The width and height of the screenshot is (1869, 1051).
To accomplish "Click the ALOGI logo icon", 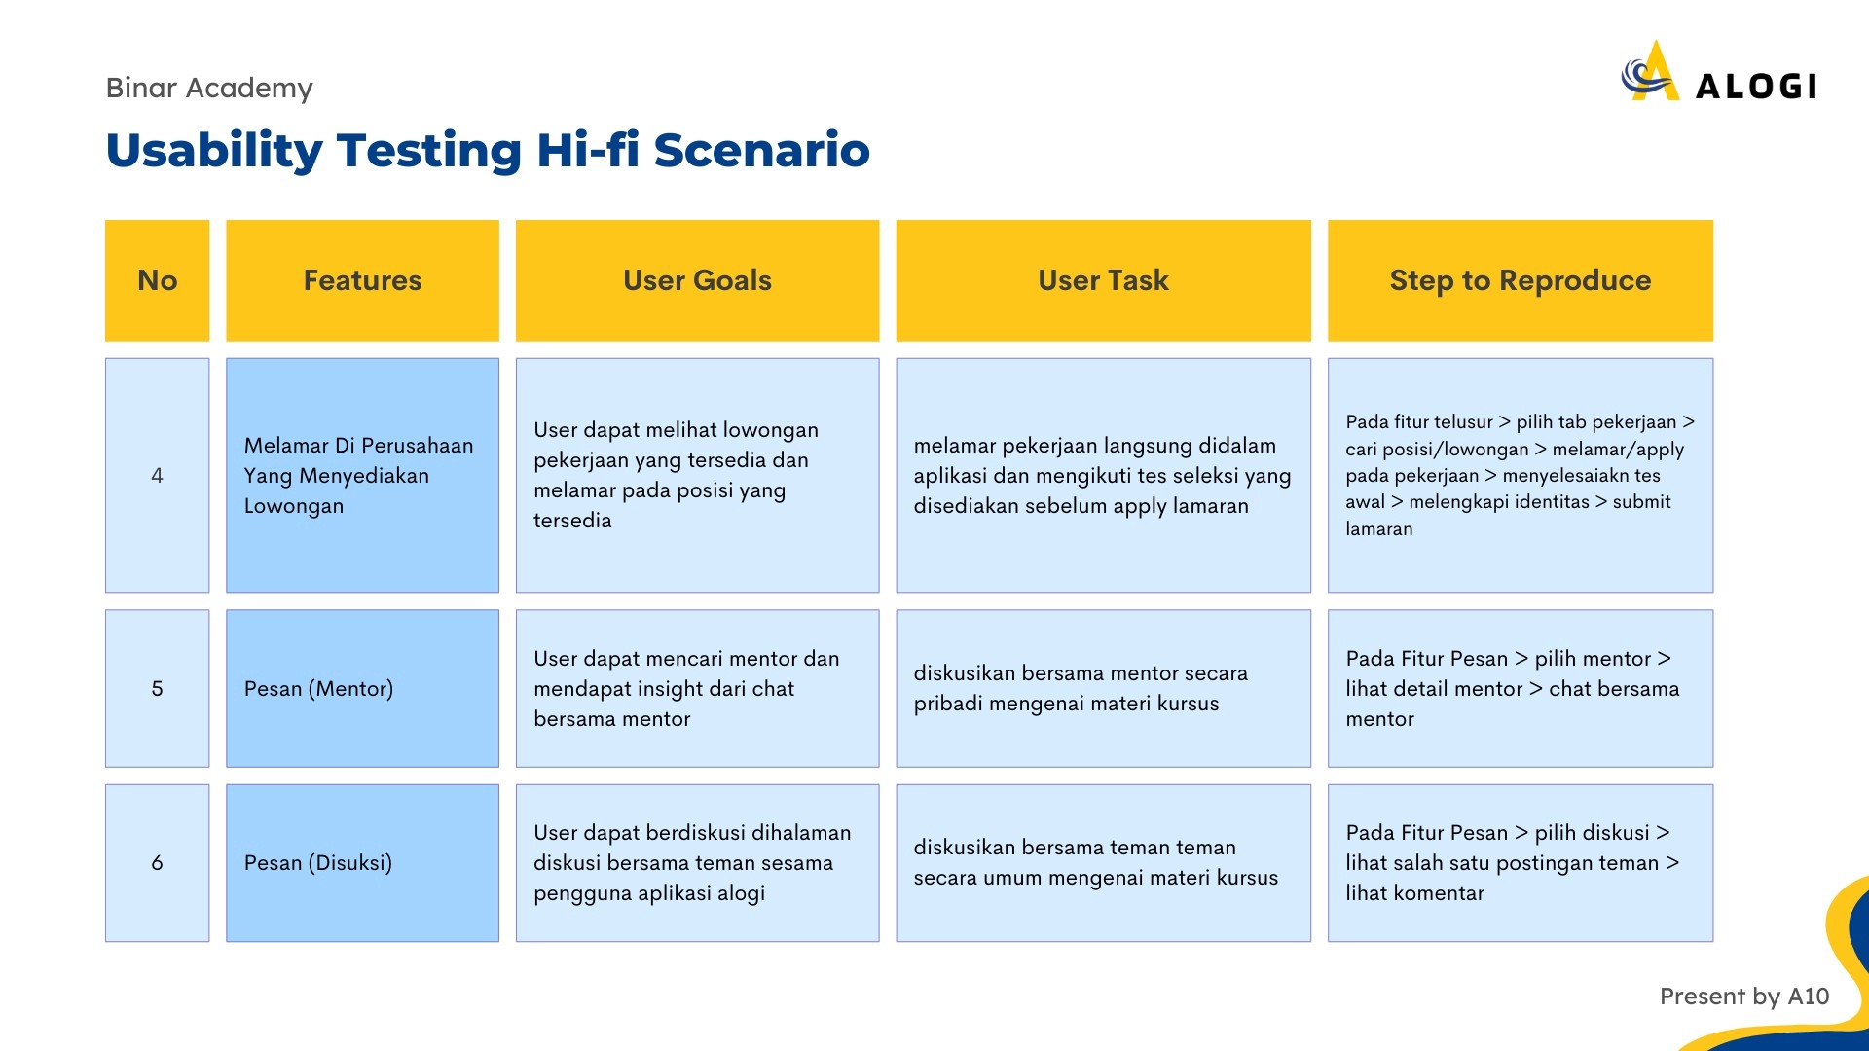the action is click(x=1651, y=71).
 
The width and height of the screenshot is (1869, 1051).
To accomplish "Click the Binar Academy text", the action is click(x=209, y=88).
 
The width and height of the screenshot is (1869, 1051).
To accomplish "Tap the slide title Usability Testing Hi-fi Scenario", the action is click(x=488, y=150).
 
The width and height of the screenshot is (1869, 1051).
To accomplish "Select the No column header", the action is click(x=157, y=280).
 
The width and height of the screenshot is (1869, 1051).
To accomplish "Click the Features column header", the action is click(x=362, y=280).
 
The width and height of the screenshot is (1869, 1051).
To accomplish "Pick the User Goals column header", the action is click(x=697, y=280).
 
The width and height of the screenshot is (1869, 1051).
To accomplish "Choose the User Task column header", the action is click(x=1103, y=280).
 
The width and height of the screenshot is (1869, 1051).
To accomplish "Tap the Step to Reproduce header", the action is click(x=1521, y=280).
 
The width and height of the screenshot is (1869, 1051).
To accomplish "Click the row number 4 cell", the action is click(x=157, y=475).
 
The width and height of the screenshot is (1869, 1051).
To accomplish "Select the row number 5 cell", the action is click(x=157, y=688).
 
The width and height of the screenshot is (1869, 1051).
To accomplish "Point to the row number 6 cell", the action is click(x=157, y=863).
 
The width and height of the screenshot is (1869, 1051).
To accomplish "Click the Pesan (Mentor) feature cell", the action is click(x=362, y=688).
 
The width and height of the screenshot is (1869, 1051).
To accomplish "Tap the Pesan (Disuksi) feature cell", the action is click(x=362, y=863).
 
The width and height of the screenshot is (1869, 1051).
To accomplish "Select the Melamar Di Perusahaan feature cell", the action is click(x=362, y=475).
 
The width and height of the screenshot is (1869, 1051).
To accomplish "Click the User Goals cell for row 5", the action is click(x=697, y=688).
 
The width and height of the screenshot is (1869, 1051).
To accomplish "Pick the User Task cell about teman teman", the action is click(x=1103, y=863).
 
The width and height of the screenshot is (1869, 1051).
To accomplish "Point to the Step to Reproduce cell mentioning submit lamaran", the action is click(x=1521, y=475).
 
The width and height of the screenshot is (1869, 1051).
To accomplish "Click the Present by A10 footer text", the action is click(x=1744, y=997).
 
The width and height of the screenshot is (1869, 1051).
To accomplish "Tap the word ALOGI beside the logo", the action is click(x=1756, y=87).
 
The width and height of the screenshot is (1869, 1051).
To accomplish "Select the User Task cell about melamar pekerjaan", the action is click(x=1103, y=475).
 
